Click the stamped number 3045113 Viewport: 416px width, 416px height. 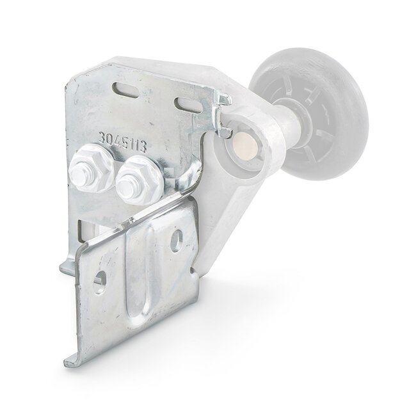point(123,143)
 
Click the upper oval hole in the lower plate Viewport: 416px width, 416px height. point(177,241)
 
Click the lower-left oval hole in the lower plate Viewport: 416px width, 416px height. point(100,282)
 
